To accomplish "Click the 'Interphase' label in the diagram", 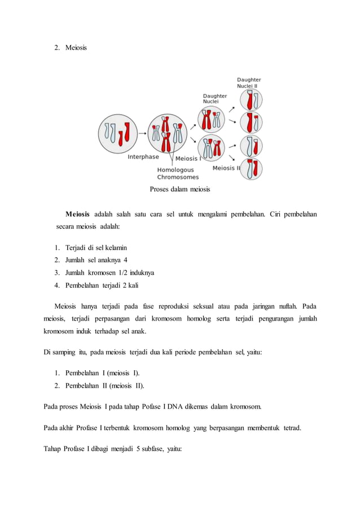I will point(143,157).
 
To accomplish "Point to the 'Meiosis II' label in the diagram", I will point(226,168).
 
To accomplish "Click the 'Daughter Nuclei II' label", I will point(249,83).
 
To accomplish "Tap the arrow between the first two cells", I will point(142,134).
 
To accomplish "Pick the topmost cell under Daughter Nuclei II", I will point(251,100).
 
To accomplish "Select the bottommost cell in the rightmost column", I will point(251,169).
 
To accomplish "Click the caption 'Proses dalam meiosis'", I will point(179,190).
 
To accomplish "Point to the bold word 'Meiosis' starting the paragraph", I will point(77,215).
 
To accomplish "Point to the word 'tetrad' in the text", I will point(289,427).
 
